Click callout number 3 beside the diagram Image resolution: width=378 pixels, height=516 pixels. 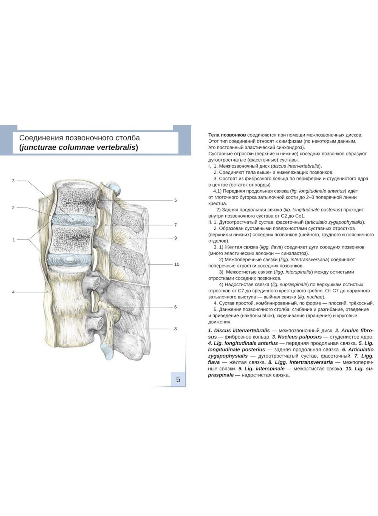(x=13, y=181)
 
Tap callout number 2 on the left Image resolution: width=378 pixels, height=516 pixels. (x=13, y=207)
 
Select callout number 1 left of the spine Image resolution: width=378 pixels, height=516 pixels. (x=14, y=240)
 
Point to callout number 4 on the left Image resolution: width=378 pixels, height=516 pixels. (x=13, y=292)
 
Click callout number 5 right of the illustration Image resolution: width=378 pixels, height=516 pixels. (x=175, y=200)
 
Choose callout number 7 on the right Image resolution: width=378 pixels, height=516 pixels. (x=175, y=225)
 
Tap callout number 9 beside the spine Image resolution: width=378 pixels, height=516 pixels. (x=175, y=238)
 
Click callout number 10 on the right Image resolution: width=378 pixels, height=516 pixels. (x=177, y=264)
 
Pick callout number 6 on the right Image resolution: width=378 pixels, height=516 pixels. (x=175, y=307)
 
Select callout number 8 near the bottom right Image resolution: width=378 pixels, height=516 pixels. (x=175, y=329)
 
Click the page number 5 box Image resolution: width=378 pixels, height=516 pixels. (x=178, y=379)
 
